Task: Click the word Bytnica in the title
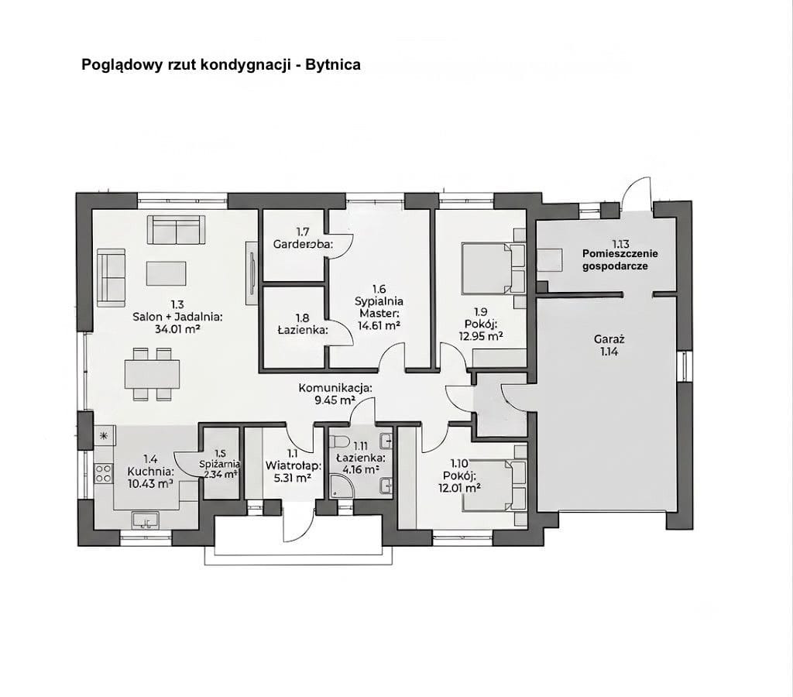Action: (332, 65)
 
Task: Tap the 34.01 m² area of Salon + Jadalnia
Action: (177, 330)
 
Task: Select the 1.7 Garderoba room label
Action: (303, 239)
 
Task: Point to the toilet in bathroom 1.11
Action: (337, 442)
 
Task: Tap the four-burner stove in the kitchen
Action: (104, 473)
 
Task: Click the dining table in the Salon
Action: (153, 374)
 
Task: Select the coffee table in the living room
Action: (166, 273)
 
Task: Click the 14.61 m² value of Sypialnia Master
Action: (379, 326)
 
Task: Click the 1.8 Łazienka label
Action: (303, 324)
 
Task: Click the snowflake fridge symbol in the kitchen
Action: (104, 436)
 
